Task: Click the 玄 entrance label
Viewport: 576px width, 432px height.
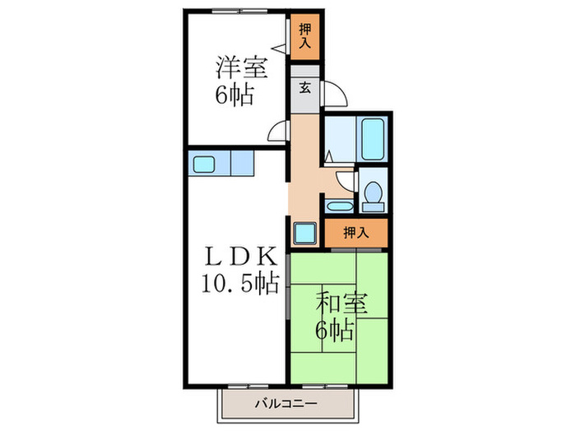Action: pos(304,89)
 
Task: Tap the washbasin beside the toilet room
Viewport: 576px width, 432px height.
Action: pos(337,205)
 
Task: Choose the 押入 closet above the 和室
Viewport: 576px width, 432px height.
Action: pos(355,233)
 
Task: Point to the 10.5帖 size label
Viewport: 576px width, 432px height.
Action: pos(238,285)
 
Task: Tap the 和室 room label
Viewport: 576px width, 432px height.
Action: pos(338,304)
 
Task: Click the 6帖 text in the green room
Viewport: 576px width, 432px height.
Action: pos(337,331)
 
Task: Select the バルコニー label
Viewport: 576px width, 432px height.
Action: pos(285,404)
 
